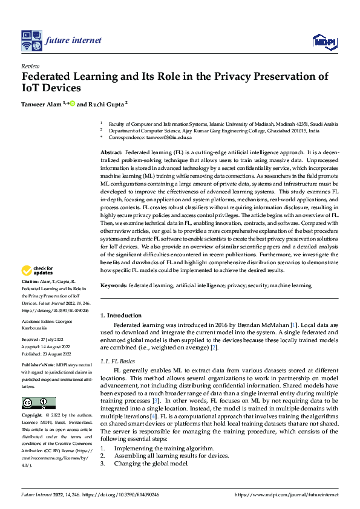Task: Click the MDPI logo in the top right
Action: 324,41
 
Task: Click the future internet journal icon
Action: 31,41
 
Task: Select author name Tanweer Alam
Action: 41,104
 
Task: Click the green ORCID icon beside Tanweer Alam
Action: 73,104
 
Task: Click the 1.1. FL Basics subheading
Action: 119,360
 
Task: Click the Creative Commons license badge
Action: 38,403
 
